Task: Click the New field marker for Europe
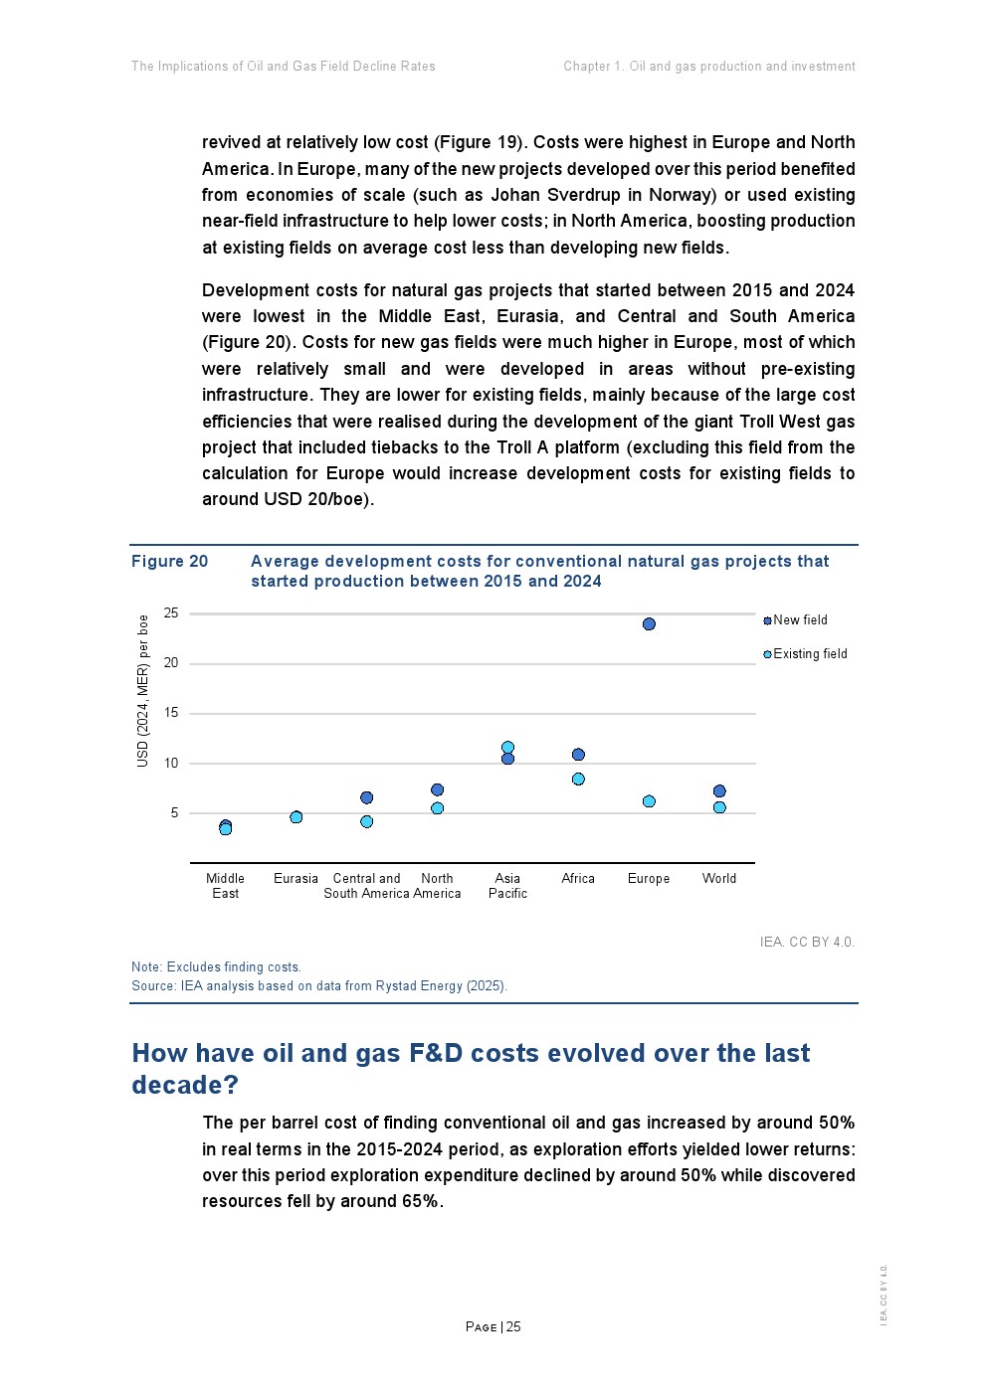pyautogui.click(x=649, y=624)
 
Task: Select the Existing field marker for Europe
pyautogui.click(x=649, y=801)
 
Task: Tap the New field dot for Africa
pyautogui.click(x=578, y=755)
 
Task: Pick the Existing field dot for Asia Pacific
pyautogui.click(x=507, y=747)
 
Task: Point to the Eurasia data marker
pyautogui.click(x=296, y=817)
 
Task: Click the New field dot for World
pyautogui.click(x=719, y=791)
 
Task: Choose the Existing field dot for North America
pyautogui.click(x=437, y=808)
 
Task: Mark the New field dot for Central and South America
pyautogui.click(x=366, y=797)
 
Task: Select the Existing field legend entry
pyautogui.click(x=809, y=654)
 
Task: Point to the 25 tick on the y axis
pyautogui.click(x=171, y=613)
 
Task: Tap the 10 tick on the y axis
pyautogui.click(x=171, y=764)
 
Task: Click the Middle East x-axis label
pyautogui.click(x=225, y=886)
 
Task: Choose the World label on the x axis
pyautogui.click(x=719, y=879)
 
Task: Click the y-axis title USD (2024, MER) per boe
pyautogui.click(x=142, y=690)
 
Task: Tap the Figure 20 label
pyautogui.click(x=170, y=562)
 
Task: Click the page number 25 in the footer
pyautogui.click(x=513, y=1327)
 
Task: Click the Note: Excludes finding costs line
pyautogui.click(x=216, y=967)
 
